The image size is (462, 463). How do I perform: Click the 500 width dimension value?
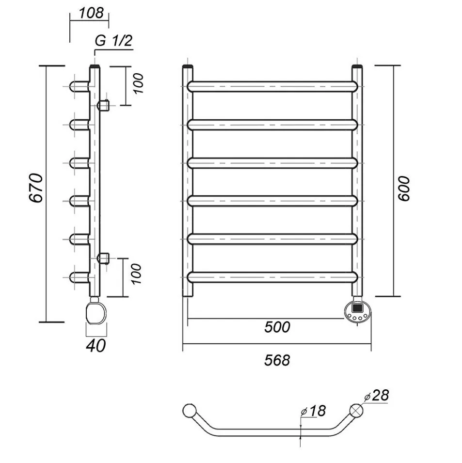[277, 327]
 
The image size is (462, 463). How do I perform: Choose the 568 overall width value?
[277, 360]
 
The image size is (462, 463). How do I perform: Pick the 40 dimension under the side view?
[96, 345]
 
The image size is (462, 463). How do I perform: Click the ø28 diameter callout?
[377, 396]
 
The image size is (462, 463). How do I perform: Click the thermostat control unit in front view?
[357, 311]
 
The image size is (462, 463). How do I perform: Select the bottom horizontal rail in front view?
[273, 277]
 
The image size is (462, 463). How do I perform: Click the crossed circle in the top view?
[356, 411]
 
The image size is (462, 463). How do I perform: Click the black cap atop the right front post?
[357, 66]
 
